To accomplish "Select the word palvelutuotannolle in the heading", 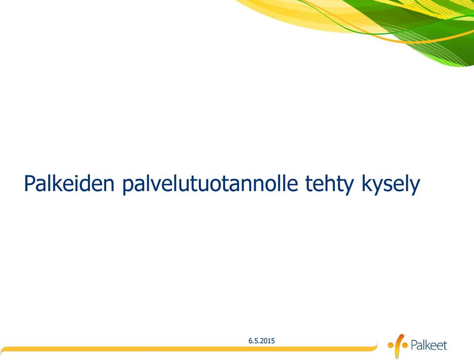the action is [210, 184].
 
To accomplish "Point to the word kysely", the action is [391, 184].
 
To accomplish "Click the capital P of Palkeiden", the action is [30, 183].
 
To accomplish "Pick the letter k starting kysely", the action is [366, 183].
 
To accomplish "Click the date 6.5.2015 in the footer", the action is [262, 341].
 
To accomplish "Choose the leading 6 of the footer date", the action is [250, 341].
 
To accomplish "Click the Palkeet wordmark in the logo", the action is [429, 345].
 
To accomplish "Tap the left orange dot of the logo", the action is [391, 345].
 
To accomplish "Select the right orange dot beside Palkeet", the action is [405, 345].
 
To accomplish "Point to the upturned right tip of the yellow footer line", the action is [377, 344].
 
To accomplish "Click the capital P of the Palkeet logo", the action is [414, 345].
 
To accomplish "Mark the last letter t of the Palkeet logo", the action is [445, 346].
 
